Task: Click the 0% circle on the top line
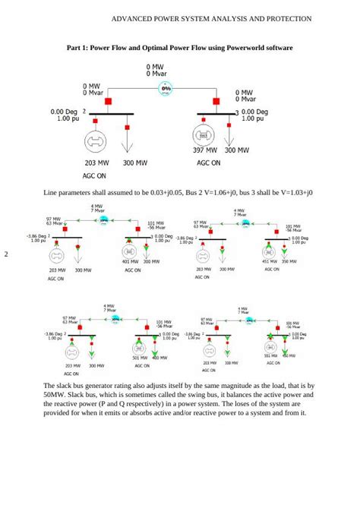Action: click(x=166, y=90)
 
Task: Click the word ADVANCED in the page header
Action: click(x=134, y=17)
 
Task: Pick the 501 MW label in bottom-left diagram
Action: click(x=140, y=357)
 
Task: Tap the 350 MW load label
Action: click(x=289, y=261)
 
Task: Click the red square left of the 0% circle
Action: click(x=108, y=99)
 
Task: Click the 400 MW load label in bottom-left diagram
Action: click(x=159, y=357)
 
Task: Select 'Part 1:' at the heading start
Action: click(x=77, y=47)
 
